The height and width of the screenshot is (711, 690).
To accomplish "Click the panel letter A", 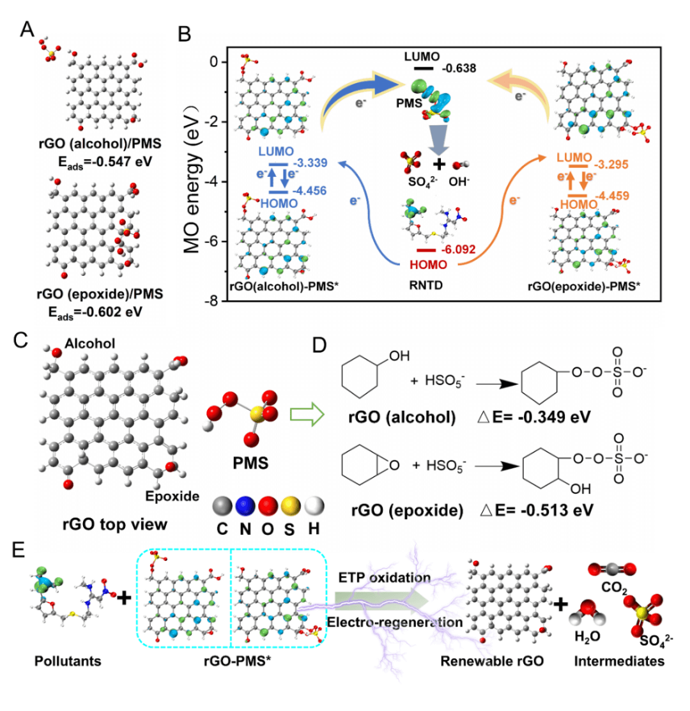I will click(27, 29).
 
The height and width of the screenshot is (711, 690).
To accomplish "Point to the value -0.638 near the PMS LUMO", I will click(455, 67).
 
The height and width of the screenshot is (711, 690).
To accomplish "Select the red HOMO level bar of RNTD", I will click(426, 250).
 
